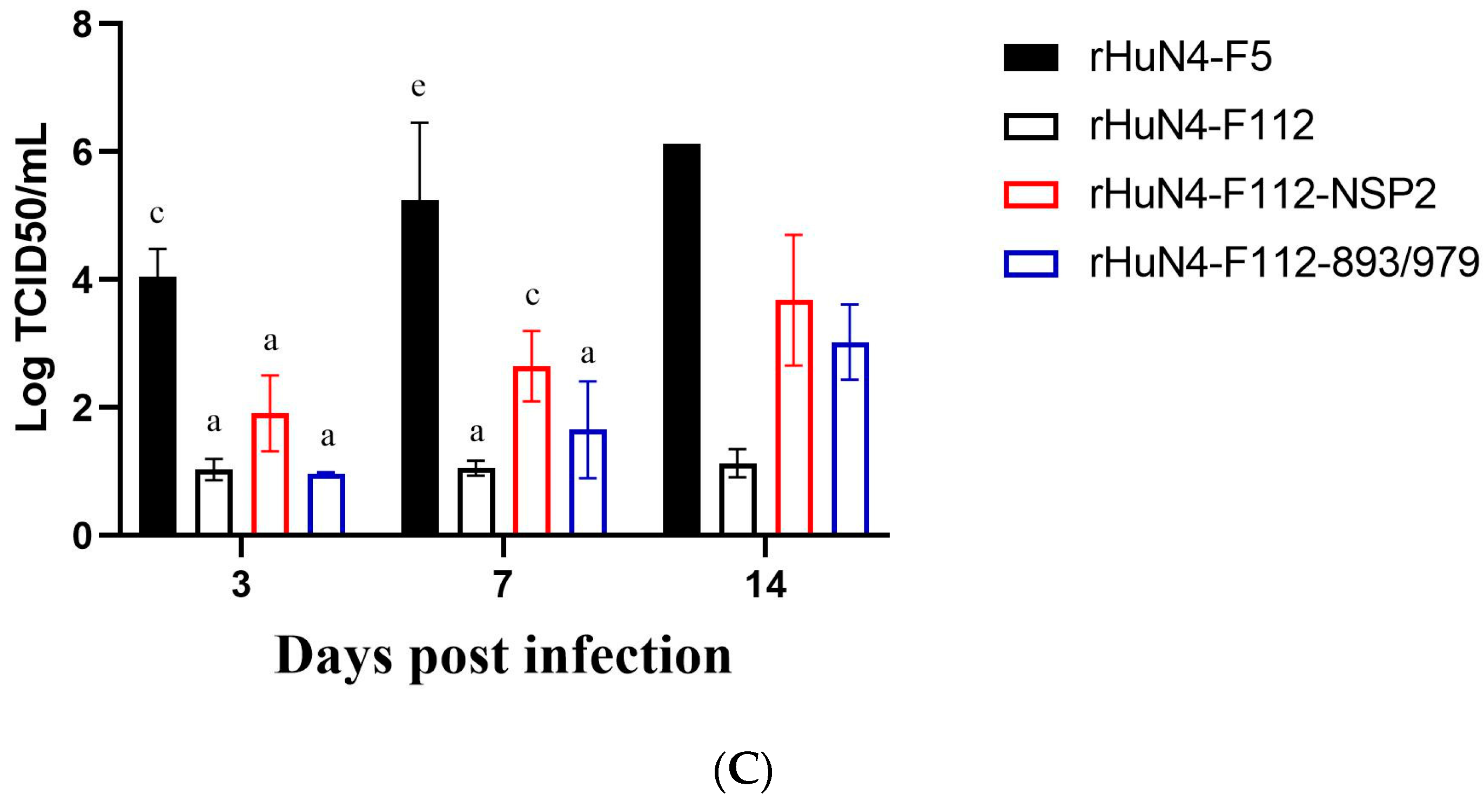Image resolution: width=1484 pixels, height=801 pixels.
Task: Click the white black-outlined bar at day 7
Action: click(476, 501)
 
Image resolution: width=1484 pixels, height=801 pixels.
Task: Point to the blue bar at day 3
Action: click(326, 503)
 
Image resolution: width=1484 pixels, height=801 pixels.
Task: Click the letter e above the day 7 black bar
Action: click(418, 87)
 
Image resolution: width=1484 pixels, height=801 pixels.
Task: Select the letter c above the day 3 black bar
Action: click(156, 214)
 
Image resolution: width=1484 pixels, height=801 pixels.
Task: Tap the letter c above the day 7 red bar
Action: click(532, 296)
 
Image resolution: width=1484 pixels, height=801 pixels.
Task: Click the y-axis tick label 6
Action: click(82, 153)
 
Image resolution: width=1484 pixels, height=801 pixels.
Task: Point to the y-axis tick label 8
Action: click(82, 25)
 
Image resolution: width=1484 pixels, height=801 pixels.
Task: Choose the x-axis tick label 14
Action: click(765, 585)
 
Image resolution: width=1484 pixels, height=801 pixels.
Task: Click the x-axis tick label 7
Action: click(502, 585)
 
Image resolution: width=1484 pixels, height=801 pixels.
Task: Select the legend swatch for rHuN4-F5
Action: click(1030, 58)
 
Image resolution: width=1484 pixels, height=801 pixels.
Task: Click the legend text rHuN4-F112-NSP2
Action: click(1261, 194)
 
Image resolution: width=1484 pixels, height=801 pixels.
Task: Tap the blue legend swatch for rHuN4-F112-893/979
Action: click(1030, 264)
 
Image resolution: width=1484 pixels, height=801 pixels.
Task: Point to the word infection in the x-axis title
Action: click(627, 656)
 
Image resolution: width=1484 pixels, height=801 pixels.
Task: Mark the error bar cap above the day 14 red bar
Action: click(793, 235)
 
